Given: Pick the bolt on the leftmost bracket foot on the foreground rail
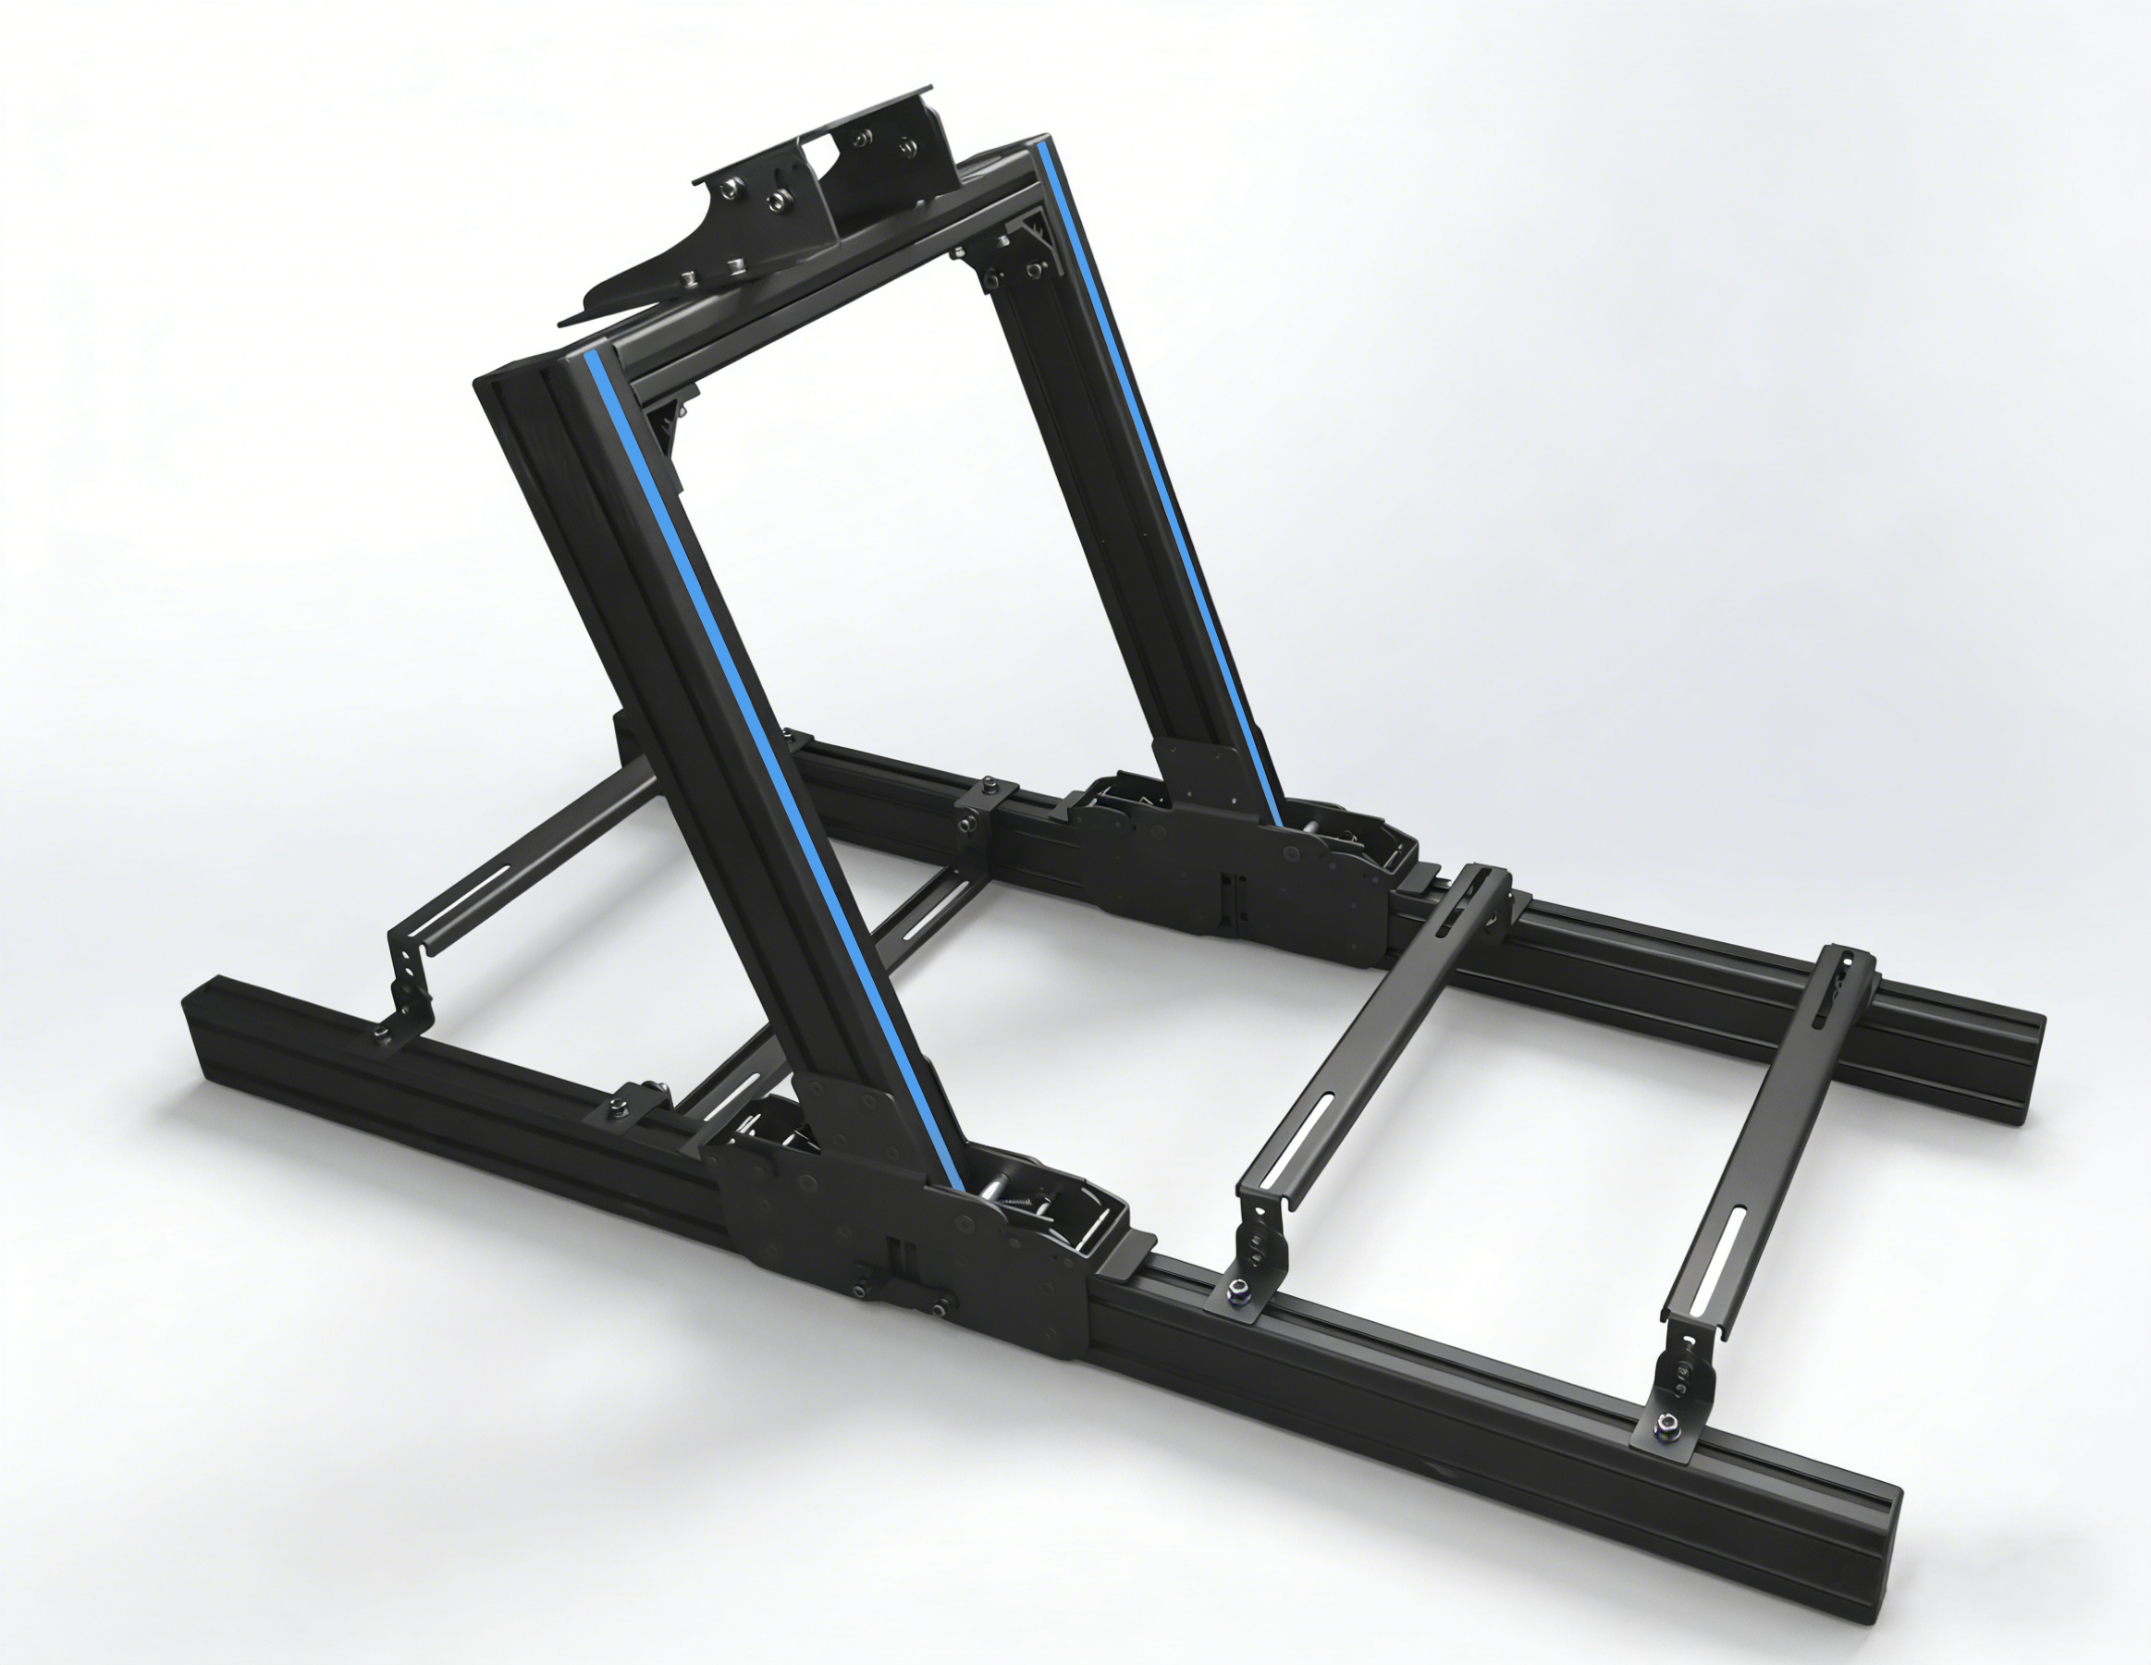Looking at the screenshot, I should click(x=382, y=1031).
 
